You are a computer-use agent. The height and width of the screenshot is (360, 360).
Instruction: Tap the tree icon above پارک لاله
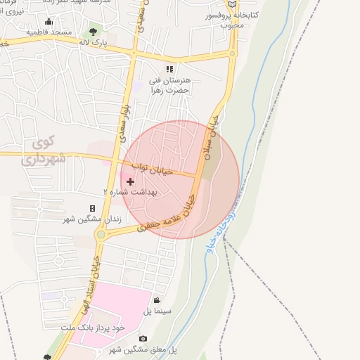(94, 32)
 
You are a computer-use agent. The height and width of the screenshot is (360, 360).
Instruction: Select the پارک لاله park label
(94, 44)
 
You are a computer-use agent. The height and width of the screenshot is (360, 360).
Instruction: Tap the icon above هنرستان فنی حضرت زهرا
(169, 69)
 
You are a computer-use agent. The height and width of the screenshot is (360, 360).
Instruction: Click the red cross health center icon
(130, 181)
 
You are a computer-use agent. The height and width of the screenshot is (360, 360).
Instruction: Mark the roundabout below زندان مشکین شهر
(101, 234)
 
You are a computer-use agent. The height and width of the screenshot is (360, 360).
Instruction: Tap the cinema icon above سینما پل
(156, 300)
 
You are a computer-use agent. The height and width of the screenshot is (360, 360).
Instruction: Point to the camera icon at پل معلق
(143, 339)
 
